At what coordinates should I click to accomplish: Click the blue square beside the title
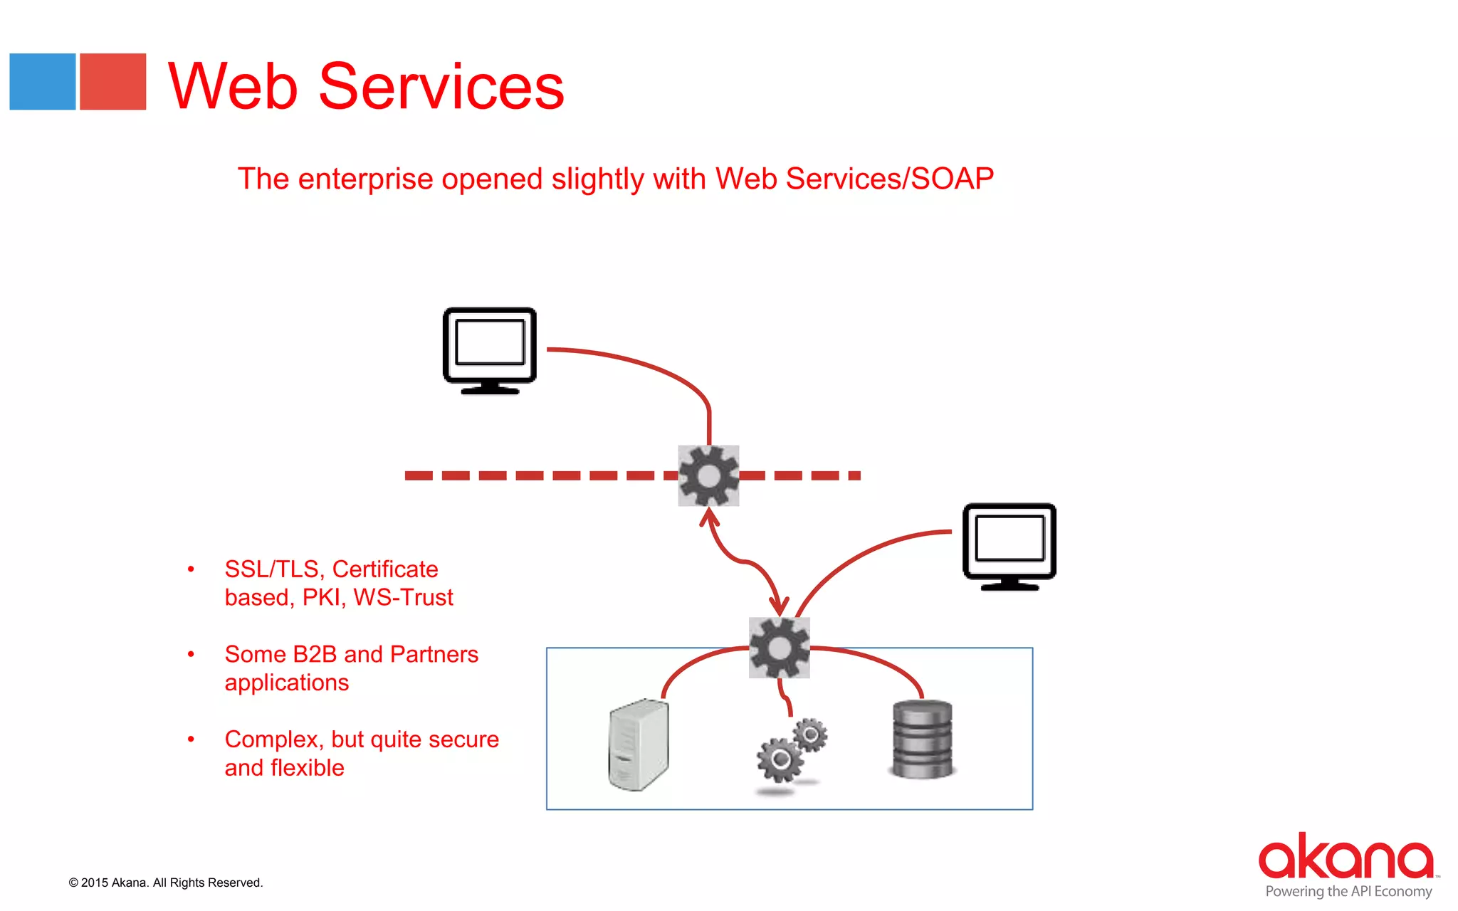click(x=42, y=81)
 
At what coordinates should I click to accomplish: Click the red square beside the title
click(x=112, y=81)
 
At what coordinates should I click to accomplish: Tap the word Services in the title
click(x=441, y=87)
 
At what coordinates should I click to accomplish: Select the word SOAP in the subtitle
click(x=952, y=179)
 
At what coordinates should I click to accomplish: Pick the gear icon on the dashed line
click(x=708, y=475)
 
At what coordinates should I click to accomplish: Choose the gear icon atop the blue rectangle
click(x=780, y=648)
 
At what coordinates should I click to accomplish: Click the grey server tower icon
click(x=639, y=744)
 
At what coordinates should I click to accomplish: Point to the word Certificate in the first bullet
click(x=384, y=569)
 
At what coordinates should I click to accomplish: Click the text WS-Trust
click(x=403, y=597)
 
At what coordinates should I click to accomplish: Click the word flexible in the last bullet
click(x=307, y=768)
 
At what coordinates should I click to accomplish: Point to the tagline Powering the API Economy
click(x=1348, y=892)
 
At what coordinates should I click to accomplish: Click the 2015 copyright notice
click(x=166, y=883)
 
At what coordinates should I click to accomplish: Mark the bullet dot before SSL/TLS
click(x=191, y=569)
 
